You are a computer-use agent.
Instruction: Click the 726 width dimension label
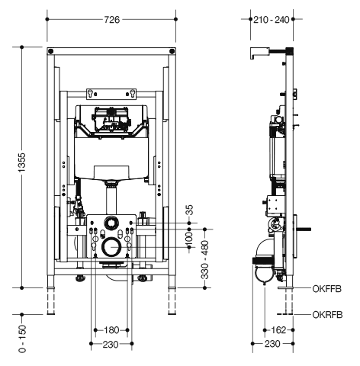(x=111, y=20)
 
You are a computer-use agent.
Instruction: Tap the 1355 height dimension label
(x=22, y=162)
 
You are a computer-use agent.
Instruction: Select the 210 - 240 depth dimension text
(x=272, y=20)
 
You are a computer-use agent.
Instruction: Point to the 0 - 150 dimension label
(x=22, y=339)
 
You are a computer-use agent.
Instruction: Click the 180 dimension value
(x=111, y=330)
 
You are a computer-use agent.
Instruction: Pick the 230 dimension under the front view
(x=111, y=345)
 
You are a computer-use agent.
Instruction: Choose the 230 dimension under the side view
(x=272, y=344)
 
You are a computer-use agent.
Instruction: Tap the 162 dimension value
(x=278, y=330)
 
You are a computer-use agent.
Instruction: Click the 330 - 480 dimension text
(x=205, y=260)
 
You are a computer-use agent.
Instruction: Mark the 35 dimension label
(x=190, y=210)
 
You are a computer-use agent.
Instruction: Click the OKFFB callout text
(x=327, y=289)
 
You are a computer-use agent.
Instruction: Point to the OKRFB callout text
(x=327, y=315)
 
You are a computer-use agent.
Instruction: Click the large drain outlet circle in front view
(x=111, y=247)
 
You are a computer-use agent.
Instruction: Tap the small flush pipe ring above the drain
(x=111, y=223)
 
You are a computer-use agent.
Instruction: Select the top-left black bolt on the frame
(x=51, y=51)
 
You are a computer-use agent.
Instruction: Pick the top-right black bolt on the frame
(x=172, y=51)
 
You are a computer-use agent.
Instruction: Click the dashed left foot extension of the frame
(x=51, y=301)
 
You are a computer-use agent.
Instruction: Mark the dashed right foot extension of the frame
(x=172, y=301)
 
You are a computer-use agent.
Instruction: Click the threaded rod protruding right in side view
(x=304, y=230)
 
